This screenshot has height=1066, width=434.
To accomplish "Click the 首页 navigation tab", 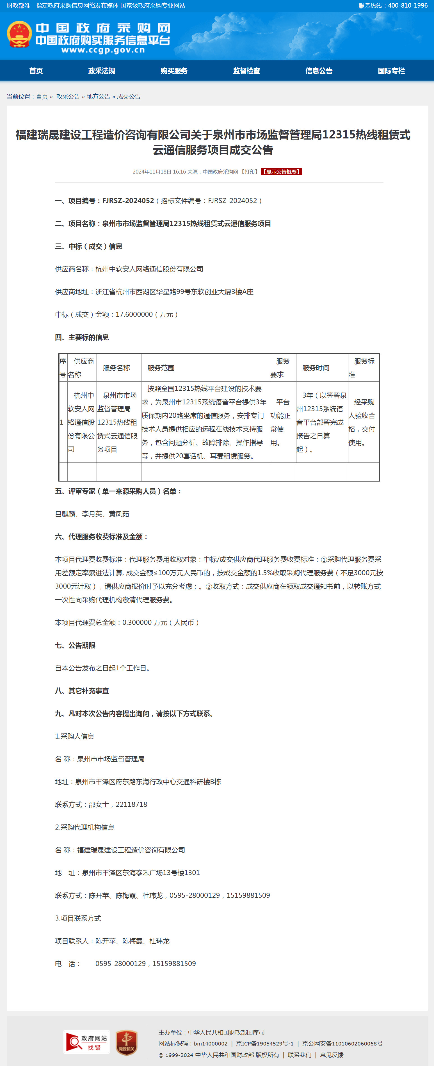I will tap(36, 71).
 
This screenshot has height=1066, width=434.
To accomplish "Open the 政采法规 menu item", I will tap(101, 71).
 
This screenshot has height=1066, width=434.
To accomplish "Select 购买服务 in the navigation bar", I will tap(174, 71).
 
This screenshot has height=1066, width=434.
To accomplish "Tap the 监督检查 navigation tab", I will tap(246, 71).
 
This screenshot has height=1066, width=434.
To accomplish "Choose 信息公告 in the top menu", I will tap(319, 71).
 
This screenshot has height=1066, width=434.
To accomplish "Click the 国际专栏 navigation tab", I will tap(391, 71).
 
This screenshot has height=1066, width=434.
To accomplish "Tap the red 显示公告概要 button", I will tap(281, 172).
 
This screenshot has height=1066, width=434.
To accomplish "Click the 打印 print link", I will tap(250, 172).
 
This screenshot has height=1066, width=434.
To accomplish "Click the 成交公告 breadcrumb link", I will tap(129, 96).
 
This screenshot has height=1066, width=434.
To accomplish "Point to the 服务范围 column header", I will tap(161, 368).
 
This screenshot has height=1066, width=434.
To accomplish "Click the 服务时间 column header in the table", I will tap(316, 368).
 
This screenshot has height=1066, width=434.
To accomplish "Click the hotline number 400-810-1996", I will tap(408, 5).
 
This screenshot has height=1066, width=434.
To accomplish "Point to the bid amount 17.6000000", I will tap(134, 315).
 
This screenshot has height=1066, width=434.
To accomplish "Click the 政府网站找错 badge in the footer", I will tap(86, 1042).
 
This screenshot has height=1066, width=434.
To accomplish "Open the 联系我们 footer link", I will tap(300, 1055).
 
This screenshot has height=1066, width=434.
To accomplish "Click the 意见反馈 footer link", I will tap(332, 1055).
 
